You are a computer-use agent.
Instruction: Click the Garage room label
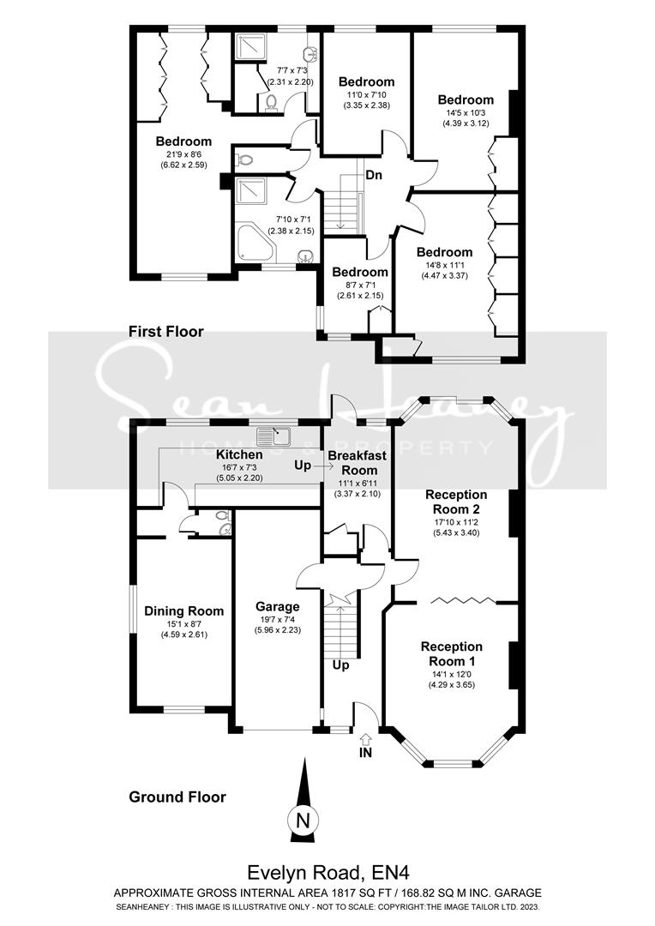(x=277, y=606)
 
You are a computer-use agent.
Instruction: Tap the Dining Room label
(x=183, y=611)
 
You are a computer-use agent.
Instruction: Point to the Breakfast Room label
(x=359, y=463)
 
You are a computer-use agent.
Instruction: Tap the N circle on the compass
(x=302, y=820)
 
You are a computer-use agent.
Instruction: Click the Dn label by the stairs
(x=374, y=176)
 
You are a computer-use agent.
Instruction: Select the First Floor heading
(x=166, y=331)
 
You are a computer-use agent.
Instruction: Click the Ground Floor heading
(x=177, y=797)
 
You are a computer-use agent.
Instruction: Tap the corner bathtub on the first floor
(x=255, y=246)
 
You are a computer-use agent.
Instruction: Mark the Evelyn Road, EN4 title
(x=328, y=873)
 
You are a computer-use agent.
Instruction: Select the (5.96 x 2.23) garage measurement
(x=277, y=630)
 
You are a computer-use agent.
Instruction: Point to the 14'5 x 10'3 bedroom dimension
(x=466, y=112)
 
